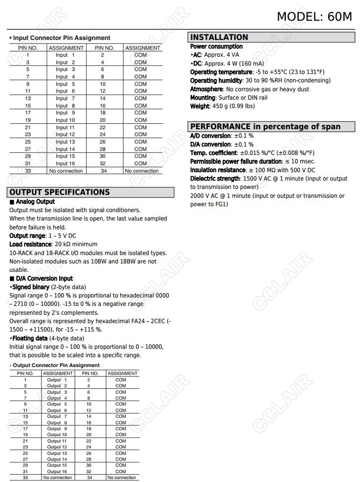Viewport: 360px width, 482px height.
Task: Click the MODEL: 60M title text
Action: [x=314, y=16]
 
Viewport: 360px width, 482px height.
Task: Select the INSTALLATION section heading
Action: [x=219, y=37]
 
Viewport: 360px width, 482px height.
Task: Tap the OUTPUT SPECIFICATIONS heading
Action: [x=59, y=192]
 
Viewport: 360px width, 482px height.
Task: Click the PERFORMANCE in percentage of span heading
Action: [x=265, y=127]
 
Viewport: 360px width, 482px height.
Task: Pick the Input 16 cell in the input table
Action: [x=65, y=163]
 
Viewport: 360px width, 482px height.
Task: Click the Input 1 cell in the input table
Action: [x=65, y=55]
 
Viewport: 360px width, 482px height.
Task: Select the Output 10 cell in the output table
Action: [x=57, y=435]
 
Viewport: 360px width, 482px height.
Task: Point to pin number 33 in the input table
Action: [x=28, y=171]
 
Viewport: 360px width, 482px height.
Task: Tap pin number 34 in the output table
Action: [x=89, y=478]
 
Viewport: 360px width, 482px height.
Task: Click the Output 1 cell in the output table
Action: [x=57, y=380]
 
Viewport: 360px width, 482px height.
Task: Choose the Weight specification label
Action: [x=200, y=106]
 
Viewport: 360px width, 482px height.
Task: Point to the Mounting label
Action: [x=202, y=98]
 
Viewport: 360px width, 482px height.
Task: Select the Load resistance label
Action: [x=30, y=244]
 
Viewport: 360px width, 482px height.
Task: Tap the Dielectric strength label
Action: [x=215, y=179]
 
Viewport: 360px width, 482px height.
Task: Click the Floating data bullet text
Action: [x=30, y=338]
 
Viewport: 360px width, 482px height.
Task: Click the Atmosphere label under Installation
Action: [x=206, y=89]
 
